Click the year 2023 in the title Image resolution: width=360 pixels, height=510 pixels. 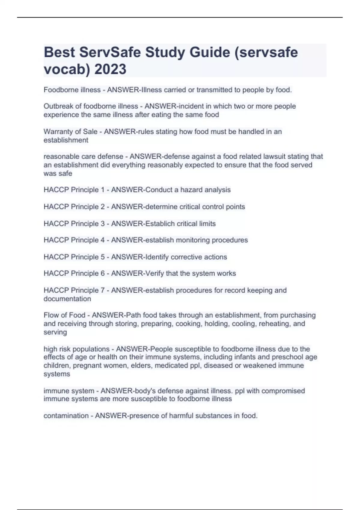[x=110, y=69]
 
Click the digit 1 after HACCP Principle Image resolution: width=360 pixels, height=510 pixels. [x=103, y=190]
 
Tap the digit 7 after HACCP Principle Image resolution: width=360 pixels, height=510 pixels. [x=103, y=290]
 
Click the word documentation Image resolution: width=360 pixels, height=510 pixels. [x=67, y=299]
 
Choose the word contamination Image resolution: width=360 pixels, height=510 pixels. [x=66, y=416]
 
